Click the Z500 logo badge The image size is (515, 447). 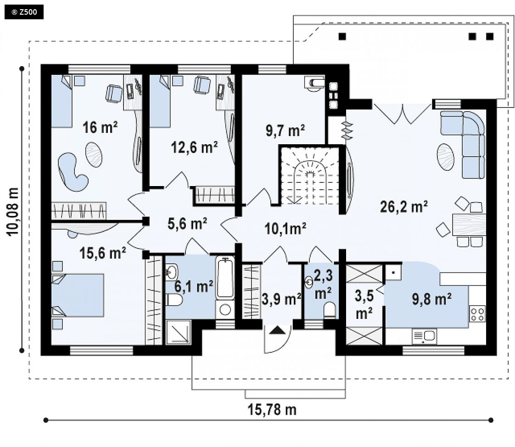pos(24,12)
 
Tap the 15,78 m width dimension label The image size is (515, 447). pos(272,410)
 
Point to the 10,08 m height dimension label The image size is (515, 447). pos(13,212)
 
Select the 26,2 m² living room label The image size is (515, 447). pos(403,206)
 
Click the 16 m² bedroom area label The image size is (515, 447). pos(100,127)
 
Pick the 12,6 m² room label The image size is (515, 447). pos(194,147)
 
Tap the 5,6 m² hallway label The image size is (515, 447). pos(187,223)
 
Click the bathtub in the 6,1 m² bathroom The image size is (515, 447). pos(225,278)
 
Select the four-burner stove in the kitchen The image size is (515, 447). pos(477,314)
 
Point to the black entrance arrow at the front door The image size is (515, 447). pos(278,330)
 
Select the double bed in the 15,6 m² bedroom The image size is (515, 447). pos(78,295)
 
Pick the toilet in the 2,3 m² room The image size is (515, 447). pos(330,310)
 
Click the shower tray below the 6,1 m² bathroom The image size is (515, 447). pos(179,332)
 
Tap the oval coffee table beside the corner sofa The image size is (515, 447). pos(446,157)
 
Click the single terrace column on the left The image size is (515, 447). pos(342,36)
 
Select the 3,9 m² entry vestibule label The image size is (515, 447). pos(281,299)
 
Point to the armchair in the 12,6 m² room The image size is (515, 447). pos(202,85)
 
